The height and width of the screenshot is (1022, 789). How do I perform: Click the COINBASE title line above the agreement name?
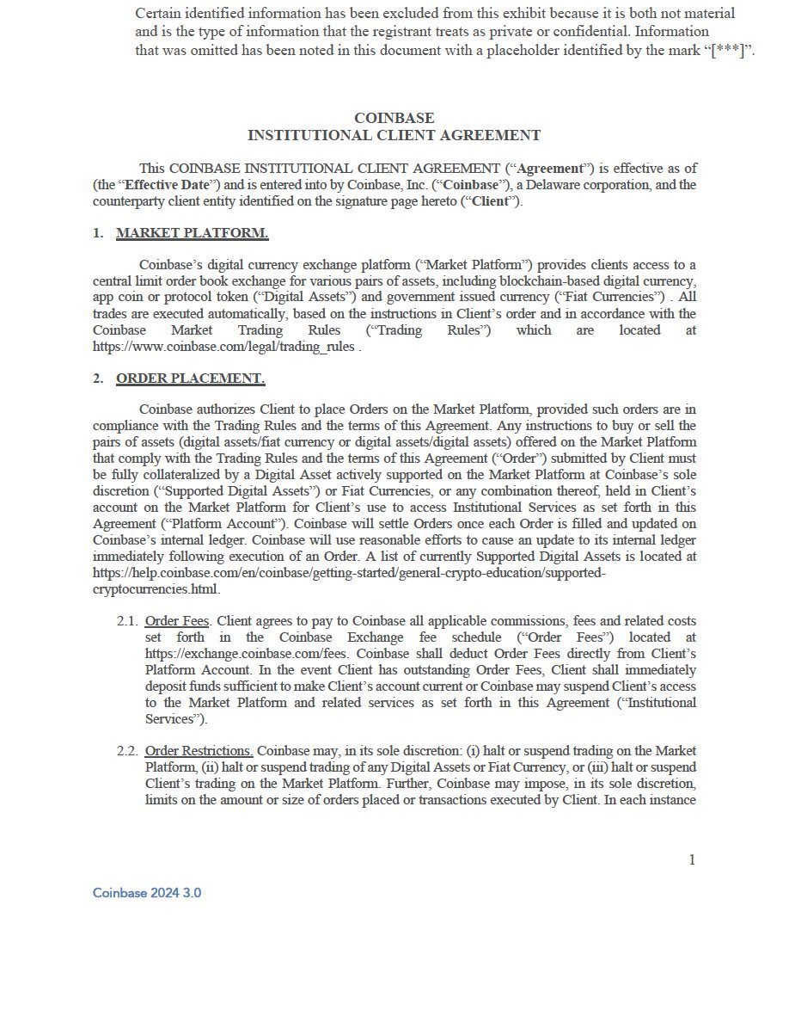[394, 118]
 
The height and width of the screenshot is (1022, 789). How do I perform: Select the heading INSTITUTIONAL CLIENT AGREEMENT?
[394, 135]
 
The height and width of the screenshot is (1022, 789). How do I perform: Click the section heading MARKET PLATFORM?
[192, 233]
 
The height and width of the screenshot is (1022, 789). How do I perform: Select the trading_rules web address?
[223, 347]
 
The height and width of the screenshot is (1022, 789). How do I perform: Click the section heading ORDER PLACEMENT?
[190, 379]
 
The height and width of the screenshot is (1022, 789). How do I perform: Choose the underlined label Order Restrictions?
[199, 751]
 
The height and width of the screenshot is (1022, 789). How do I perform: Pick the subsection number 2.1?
[127, 621]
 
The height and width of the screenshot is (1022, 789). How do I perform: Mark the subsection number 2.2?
[127, 751]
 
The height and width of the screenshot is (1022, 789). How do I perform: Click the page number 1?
[692, 860]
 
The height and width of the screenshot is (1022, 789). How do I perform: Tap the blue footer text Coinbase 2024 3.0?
[147, 893]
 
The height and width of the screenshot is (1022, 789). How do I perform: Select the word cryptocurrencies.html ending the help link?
[156, 589]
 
